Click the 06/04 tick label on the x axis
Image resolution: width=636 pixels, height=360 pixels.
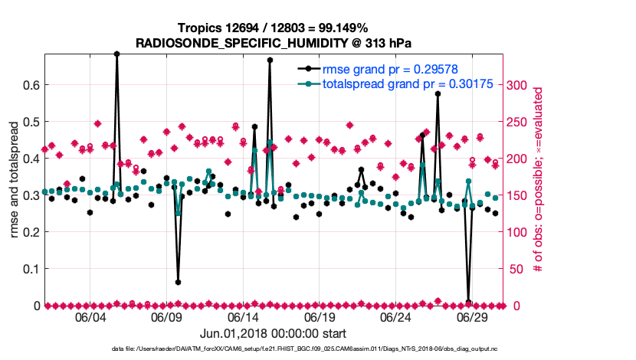click(90, 317)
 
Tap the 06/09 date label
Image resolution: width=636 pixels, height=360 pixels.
click(166, 317)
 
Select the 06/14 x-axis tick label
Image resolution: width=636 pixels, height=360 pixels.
click(243, 317)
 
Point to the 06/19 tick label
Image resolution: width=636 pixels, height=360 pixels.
click(320, 317)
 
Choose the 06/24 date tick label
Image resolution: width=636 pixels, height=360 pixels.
click(396, 317)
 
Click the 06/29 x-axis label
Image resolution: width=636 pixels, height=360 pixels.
click(473, 317)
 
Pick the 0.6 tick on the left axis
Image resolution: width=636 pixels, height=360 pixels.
click(30, 84)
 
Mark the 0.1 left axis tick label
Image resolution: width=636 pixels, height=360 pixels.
click(30, 269)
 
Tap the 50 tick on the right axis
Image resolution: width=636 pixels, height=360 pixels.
click(514, 269)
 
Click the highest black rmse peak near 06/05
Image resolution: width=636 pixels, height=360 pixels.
click(116, 54)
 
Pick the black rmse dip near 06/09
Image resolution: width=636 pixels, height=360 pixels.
click(178, 282)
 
